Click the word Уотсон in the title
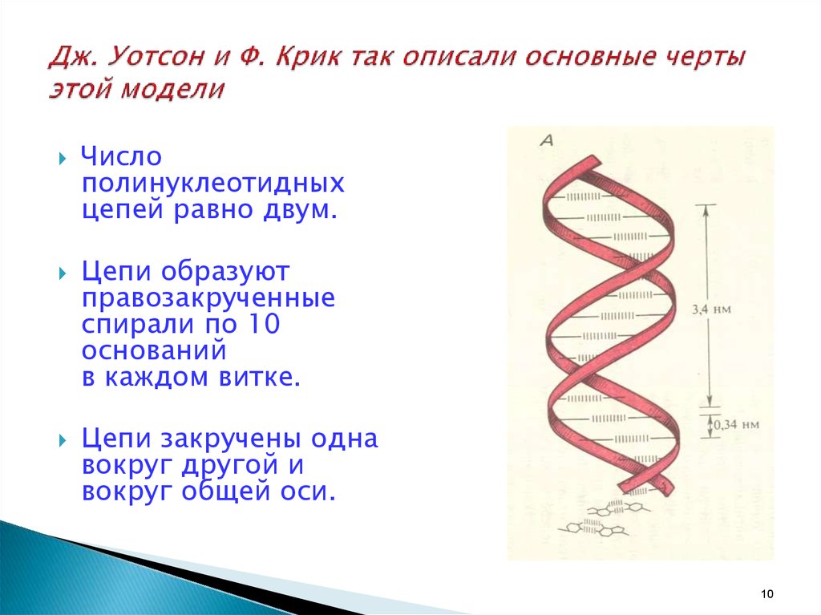(156, 57)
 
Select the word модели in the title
(173, 88)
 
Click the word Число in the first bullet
(122, 156)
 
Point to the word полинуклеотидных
(213, 184)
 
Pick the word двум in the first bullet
(300, 209)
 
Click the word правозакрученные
(208, 298)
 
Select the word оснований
(154, 350)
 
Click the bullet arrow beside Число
(63, 158)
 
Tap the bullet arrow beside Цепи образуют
(63, 273)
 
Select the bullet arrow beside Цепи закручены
(63, 440)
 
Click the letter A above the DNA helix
(547, 140)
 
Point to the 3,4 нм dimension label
(711, 310)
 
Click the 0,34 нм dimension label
(736, 424)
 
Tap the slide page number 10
(767, 593)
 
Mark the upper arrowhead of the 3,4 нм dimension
(706, 208)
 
